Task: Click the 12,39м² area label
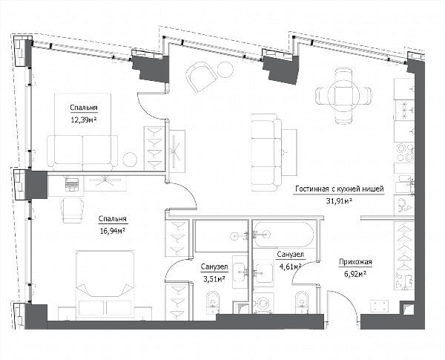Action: coord(84,120)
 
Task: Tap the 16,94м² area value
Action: coord(113,231)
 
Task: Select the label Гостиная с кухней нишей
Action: coord(340,189)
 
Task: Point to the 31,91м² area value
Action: coord(339,201)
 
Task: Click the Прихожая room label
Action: coord(355,262)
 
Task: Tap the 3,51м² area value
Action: coord(214,279)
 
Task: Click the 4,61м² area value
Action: coord(290,266)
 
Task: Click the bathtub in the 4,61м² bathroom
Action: coord(283,235)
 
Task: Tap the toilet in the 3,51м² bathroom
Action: coord(213,302)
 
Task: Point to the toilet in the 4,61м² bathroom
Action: coord(302,302)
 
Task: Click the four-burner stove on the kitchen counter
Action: coord(405,153)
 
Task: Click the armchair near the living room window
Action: coord(201,77)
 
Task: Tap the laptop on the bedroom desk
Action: coord(72,183)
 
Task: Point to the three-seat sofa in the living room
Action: coord(266,153)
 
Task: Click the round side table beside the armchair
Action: coord(225,69)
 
